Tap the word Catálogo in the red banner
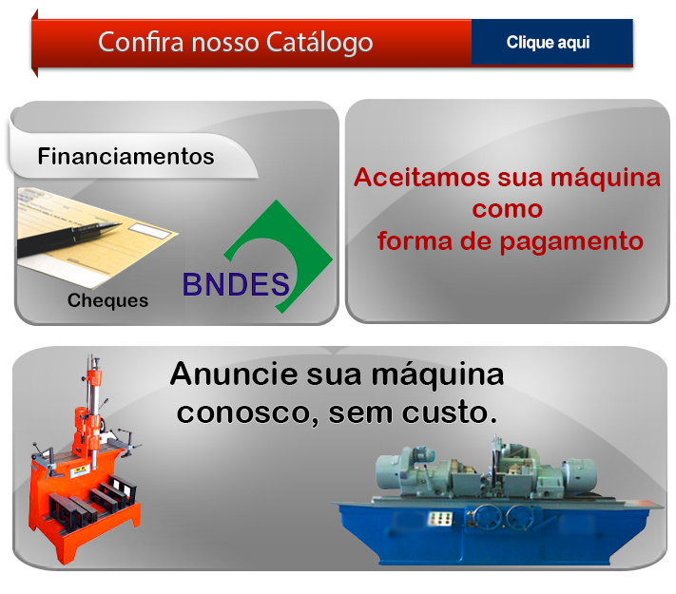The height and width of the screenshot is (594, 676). click(319, 43)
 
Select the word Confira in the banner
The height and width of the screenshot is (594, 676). click(141, 42)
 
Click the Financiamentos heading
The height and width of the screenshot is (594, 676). click(126, 156)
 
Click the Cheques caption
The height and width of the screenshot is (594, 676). click(107, 300)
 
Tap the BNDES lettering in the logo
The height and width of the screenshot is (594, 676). click(236, 284)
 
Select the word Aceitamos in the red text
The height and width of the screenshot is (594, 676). click(422, 177)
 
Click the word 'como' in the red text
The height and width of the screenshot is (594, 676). click(508, 209)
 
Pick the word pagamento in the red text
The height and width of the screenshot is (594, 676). click(571, 241)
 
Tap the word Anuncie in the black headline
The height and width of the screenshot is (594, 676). click(234, 374)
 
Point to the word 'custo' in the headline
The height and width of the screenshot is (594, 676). click(450, 412)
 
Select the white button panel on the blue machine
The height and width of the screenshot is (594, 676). click(440, 518)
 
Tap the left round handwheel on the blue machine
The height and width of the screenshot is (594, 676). click(487, 517)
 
